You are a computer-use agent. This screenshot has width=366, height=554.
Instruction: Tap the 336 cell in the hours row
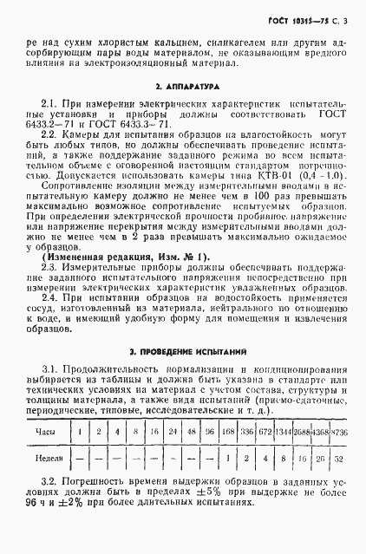click(x=247, y=431)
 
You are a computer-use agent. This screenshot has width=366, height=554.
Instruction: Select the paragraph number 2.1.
click(x=50, y=102)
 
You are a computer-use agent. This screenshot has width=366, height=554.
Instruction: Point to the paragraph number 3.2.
click(x=50, y=481)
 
